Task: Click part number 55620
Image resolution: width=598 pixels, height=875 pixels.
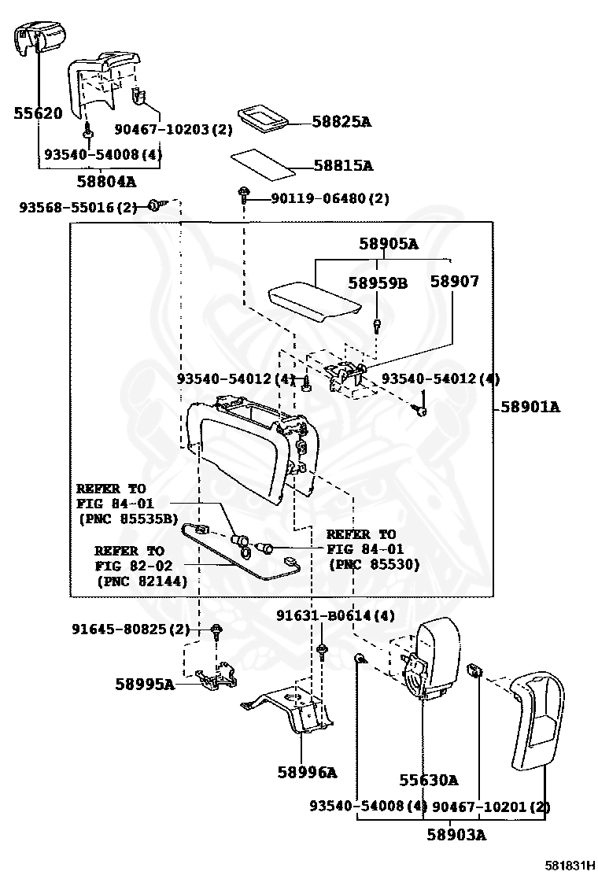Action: coord(38,113)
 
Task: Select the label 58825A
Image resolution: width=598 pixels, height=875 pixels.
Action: coord(341,122)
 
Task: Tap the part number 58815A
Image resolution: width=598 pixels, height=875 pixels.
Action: coord(343,165)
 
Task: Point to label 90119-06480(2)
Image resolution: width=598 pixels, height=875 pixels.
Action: coord(330,198)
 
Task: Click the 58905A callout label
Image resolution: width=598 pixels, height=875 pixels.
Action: coord(388,243)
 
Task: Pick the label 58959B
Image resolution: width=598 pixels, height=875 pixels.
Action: coord(378,282)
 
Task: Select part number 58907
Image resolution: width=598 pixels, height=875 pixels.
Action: coord(454,281)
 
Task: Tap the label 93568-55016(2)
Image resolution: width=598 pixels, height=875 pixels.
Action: coord(78,207)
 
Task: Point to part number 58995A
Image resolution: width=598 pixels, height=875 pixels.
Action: coord(145,683)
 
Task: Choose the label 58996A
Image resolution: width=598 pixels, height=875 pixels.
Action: coord(308,772)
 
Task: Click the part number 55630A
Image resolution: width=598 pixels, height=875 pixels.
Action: coord(428,780)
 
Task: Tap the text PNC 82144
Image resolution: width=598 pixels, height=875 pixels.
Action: coord(142,581)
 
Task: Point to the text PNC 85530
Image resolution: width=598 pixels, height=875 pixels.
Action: coord(375,564)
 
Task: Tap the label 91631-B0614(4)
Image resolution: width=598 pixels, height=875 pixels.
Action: coord(335,615)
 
